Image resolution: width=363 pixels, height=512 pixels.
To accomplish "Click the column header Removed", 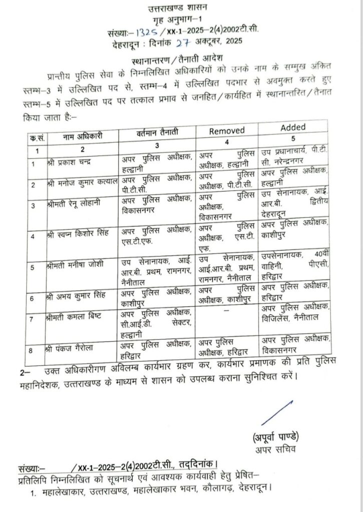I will click(226, 131).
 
